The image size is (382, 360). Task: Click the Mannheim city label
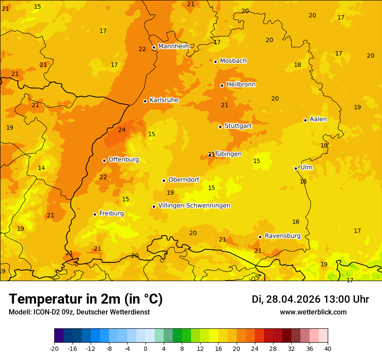(x=174, y=46)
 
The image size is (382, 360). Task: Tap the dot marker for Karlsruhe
(x=145, y=101)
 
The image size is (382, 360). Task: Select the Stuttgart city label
(x=238, y=126)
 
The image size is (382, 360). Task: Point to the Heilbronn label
(x=241, y=85)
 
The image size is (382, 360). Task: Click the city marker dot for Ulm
(x=296, y=168)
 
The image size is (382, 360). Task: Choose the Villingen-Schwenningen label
(x=194, y=206)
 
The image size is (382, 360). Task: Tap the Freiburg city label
(x=111, y=213)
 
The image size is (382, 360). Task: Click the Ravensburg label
(x=283, y=236)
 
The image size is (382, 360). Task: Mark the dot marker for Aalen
(x=305, y=120)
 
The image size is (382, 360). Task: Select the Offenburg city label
(x=124, y=160)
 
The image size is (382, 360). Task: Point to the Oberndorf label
(x=184, y=180)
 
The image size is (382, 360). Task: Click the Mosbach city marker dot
(x=215, y=62)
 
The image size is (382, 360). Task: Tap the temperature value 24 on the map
(x=122, y=130)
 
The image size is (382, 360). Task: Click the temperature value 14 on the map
(x=41, y=168)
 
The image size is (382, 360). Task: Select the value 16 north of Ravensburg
(x=296, y=222)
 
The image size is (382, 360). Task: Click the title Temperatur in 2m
(x=86, y=299)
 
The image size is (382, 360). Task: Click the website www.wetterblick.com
(x=313, y=312)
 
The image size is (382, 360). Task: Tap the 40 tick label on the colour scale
(x=327, y=348)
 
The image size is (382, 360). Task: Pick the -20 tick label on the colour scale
(x=54, y=348)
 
